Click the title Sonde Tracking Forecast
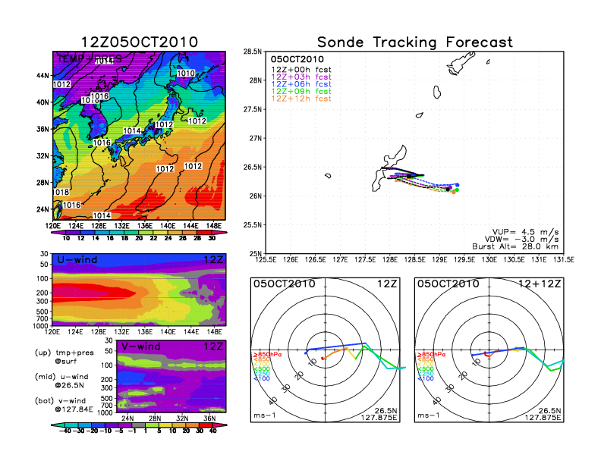coord(415,42)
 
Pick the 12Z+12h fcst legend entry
coord(301,99)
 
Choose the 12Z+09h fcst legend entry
coord(301,92)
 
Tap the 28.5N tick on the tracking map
coord(252,52)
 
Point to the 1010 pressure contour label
coord(187,74)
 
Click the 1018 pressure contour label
coord(61,193)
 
